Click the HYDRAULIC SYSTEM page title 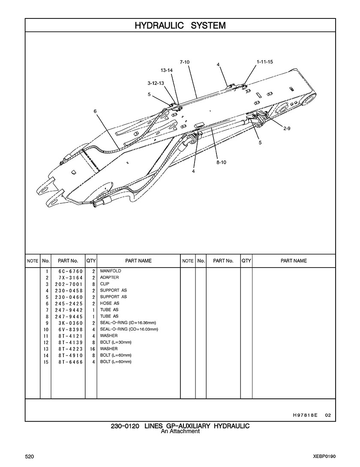point(180,26)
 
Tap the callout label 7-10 point(185,62)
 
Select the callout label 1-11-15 point(264,62)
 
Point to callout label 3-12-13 point(156,83)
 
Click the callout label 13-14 point(167,70)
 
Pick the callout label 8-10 point(221,163)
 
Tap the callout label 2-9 point(287,128)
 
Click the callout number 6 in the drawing point(95,111)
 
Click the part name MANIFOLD point(111,271)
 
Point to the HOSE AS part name point(109,303)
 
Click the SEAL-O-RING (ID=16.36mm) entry point(128,322)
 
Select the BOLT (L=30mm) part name point(116,342)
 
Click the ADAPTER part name point(109,277)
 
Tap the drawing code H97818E point(305,415)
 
